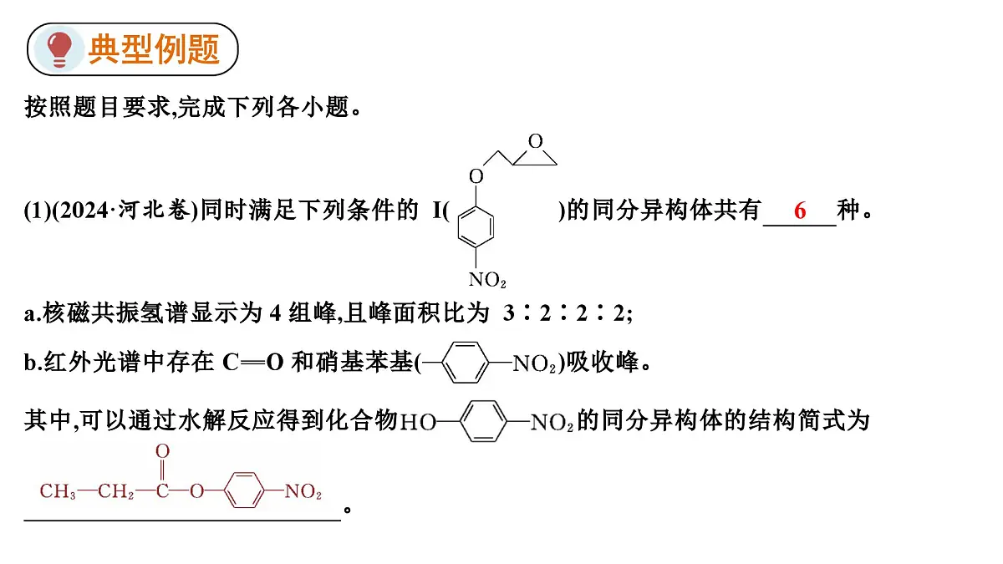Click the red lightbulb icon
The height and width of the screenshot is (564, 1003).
(59, 48)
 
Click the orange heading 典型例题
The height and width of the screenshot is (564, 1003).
(154, 49)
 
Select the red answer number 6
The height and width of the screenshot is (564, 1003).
(800, 211)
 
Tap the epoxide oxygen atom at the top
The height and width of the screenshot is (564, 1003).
(536, 141)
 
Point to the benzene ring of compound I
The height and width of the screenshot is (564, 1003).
(476, 227)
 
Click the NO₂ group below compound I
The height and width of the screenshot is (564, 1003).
(487, 280)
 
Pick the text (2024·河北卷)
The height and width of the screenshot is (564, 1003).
(125, 210)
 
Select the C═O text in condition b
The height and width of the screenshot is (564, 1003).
(253, 363)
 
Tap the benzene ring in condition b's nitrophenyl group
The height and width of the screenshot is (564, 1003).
(465, 363)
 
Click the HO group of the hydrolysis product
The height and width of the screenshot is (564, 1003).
(417, 422)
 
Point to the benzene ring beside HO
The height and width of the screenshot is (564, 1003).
(483, 421)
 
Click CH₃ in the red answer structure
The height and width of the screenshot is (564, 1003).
(58, 491)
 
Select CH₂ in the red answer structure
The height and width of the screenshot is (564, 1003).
(115, 491)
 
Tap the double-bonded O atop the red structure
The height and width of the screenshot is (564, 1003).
(162, 451)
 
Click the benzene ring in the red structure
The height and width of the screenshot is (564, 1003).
(243, 490)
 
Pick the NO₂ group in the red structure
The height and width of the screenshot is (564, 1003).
(303, 491)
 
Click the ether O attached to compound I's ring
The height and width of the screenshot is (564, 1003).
(476, 176)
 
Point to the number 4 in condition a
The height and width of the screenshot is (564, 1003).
(275, 312)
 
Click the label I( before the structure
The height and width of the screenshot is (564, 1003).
(440, 211)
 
